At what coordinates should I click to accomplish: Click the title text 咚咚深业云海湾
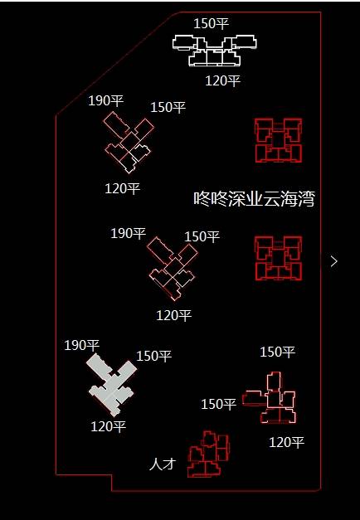[254, 199]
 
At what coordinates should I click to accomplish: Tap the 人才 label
[163, 464]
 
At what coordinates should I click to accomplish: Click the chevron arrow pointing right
[333, 261]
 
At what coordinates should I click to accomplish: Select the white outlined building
[214, 51]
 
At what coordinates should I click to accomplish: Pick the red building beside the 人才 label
[208, 454]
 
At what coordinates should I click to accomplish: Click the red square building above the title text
[279, 141]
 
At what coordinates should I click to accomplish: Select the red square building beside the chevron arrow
[279, 258]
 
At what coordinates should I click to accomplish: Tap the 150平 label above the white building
[211, 23]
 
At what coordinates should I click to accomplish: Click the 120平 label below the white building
[222, 81]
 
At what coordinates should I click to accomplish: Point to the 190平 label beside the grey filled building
[82, 346]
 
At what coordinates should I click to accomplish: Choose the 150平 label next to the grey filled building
[154, 356]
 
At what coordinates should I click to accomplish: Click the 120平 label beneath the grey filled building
[109, 426]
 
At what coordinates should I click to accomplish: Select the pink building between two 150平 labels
[270, 398]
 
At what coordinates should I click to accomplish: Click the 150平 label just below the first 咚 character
[202, 237]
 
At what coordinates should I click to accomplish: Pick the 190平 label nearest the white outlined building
[106, 100]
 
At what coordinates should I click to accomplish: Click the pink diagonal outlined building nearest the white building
[128, 143]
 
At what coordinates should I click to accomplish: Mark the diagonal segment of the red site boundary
[118, 64]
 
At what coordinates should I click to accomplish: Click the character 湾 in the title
[306, 199]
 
